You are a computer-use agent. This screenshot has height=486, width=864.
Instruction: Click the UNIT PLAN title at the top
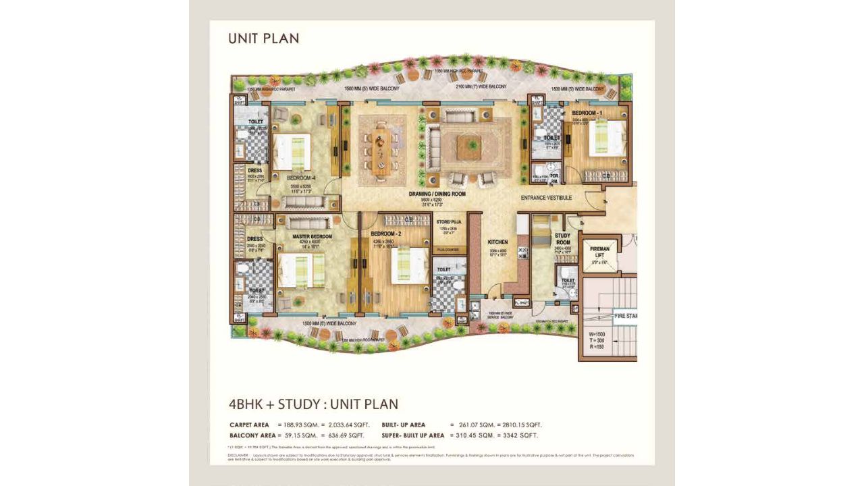[263, 38]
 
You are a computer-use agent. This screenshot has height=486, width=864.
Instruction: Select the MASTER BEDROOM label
[312, 236]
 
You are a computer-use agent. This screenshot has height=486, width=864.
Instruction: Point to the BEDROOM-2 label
[386, 234]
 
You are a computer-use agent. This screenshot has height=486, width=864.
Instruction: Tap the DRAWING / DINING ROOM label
[437, 194]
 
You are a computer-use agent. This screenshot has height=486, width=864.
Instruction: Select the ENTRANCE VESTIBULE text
[546, 198]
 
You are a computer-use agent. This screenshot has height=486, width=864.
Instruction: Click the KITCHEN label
[497, 242]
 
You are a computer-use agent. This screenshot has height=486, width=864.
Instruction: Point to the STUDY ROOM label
[562, 239]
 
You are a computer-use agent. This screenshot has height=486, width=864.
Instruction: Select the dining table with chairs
[381, 150]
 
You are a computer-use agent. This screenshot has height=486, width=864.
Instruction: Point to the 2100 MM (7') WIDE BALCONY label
[481, 87]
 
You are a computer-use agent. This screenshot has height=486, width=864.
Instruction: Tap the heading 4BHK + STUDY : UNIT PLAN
[313, 404]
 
